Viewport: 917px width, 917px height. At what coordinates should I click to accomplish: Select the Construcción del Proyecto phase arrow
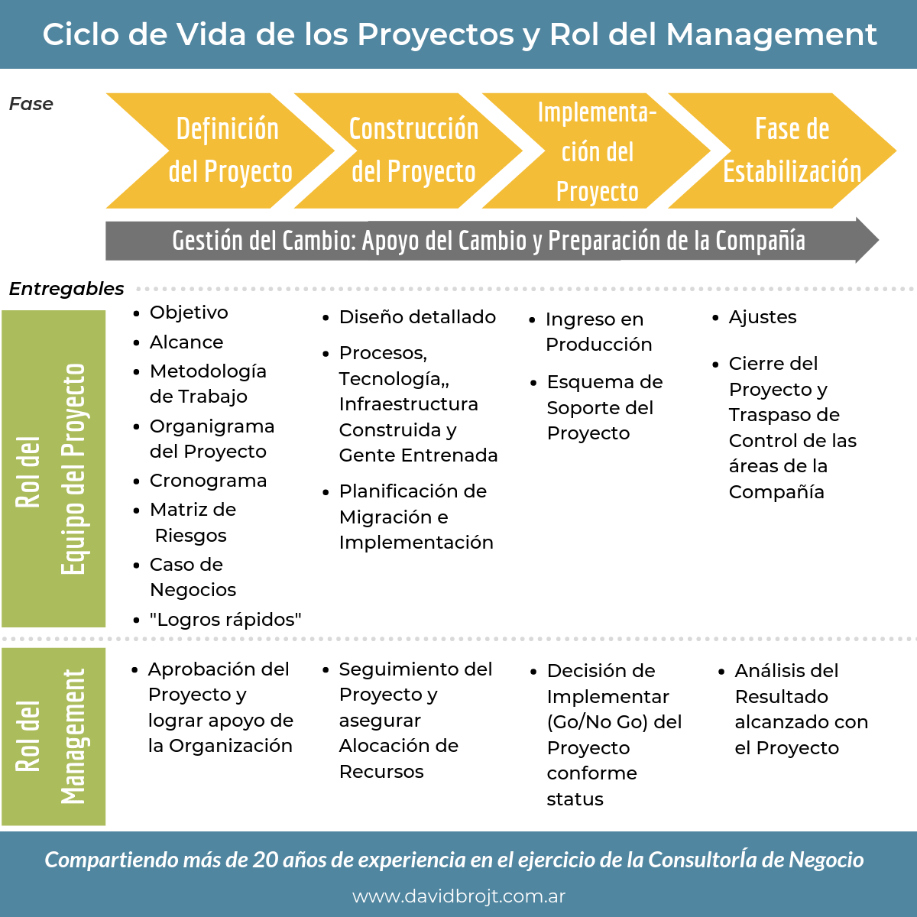(x=413, y=151)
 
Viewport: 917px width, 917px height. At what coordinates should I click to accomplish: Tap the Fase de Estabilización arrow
(x=791, y=151)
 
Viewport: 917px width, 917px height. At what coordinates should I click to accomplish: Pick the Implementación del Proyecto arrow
(x=597, y=151)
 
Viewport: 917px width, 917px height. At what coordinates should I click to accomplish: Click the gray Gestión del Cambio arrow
(x=489, y=241)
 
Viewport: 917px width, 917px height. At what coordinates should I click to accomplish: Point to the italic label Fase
(x=31, y=104)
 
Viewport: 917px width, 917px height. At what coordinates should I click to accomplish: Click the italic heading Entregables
(x=66, y=289)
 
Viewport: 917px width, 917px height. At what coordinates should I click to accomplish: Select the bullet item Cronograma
(x=208, y=481)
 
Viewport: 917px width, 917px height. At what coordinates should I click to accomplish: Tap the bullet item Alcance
(x=186, y=342)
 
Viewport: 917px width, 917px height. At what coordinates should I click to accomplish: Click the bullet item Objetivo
(x=189, y=313)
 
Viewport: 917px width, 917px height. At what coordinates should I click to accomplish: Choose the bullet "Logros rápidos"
(x=225, y=620)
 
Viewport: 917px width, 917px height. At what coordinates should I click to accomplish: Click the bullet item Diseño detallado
(x=417, y=317)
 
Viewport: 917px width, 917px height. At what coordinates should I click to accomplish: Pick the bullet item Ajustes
(x=762, y=317)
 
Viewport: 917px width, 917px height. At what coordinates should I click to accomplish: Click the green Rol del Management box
(x=53, y=737)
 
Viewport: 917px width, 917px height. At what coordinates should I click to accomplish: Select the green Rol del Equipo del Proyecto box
(x=53, y=468)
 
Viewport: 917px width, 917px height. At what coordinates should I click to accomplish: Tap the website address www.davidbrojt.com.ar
(x=458, y=896)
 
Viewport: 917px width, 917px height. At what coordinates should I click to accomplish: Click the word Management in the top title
(x=771, y=34)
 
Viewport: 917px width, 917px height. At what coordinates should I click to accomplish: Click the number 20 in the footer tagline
(x=265, y=860)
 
